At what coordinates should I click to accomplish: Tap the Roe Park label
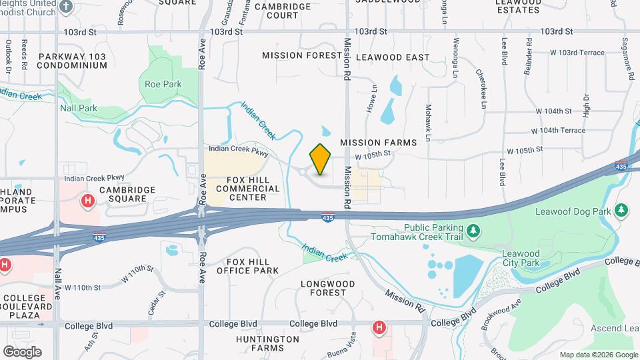click(163, 85)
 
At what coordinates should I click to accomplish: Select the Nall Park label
click(79, 108)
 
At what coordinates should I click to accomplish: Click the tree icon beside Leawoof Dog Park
click(621, 211)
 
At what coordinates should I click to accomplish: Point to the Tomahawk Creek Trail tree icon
click(473, 232)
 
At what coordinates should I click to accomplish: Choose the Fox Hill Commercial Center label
click(238, 188)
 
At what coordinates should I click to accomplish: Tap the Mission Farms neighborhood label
click(378, 143)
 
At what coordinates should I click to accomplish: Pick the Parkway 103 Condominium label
click(71, 61)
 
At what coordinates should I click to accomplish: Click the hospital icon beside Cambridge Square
click(87, 201)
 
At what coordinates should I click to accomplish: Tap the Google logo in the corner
click(22, 351)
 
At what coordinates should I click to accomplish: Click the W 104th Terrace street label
click(558, 131)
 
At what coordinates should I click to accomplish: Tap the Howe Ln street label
click(373, 98)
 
